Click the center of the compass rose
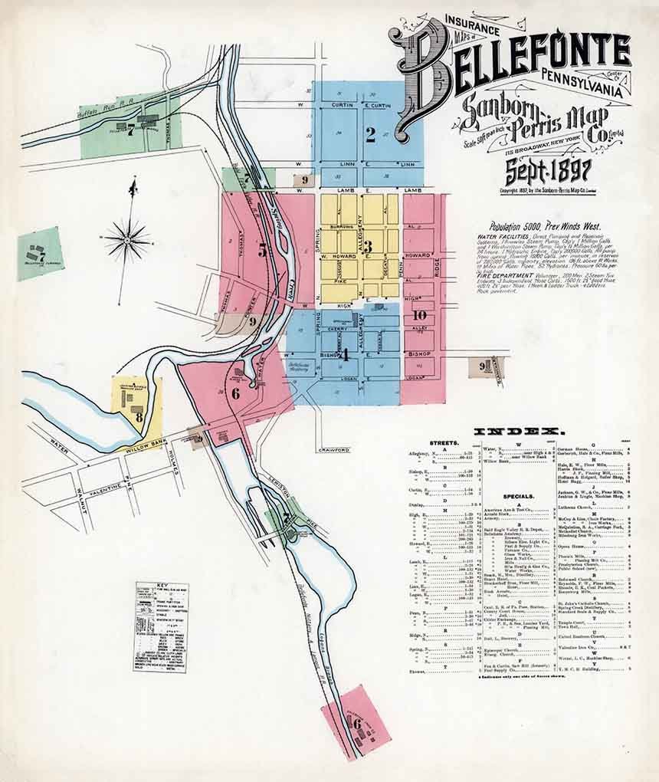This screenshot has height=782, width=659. pyautogui.click(x=127, y=239)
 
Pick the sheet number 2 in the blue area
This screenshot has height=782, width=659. pyautogui.click(x=371, y=135)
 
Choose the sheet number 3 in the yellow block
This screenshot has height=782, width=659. pyautogui.click(x=368, y=247)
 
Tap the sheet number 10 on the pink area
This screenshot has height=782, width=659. pyautogui.click(x=419, y=314)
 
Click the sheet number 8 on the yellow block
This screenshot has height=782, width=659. pyautogui.click(x=139, y=417)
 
